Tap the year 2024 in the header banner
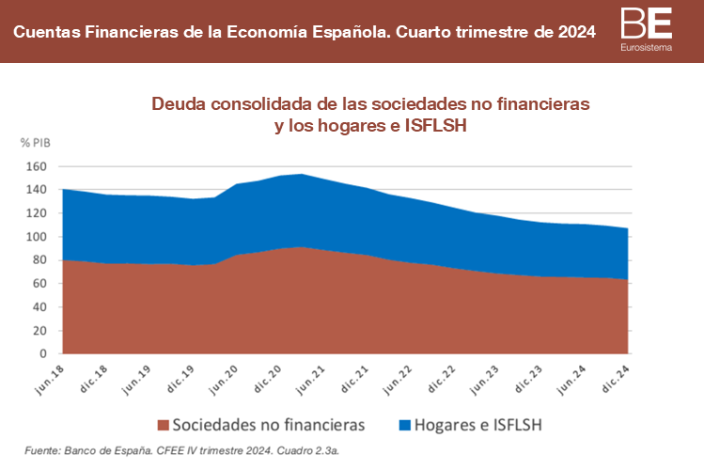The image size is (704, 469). point(573,32)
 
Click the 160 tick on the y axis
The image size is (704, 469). point(37,166)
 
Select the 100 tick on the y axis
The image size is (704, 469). point(37,237)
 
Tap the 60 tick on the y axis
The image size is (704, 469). point(39,284)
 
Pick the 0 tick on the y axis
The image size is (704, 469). point(43,354)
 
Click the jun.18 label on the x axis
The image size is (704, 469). point(49,375)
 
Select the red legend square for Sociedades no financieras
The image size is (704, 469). point(164,425)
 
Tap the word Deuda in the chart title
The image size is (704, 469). point(178,103)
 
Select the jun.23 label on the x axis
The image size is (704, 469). point(485,375)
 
